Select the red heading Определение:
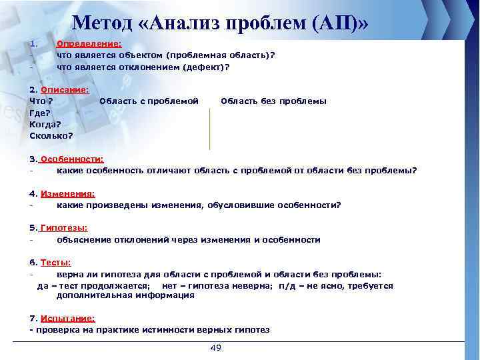click(x=89, y=43)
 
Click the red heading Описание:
click(x=65, y=89)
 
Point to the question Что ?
click(x=41, y=101)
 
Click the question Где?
click(x=41, y=113)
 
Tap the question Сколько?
click(x=51, y=135)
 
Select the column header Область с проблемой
click(x=149, y=101)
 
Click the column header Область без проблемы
click(x=273, y=101)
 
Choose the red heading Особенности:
click(x=72, y=159)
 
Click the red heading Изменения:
click(x=67, y=193)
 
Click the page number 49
click(x=215, y=349)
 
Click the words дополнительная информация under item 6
click(x=125, y=296)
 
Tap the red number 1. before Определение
click(x=32, y=43)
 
